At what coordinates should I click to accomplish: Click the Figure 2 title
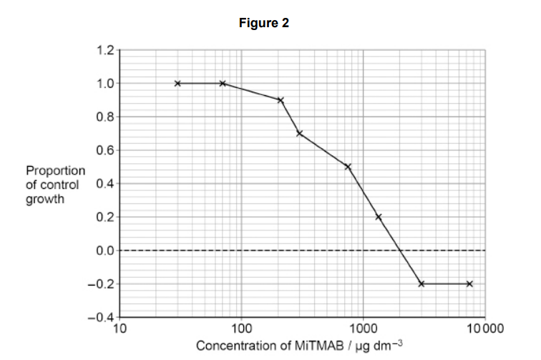[264, 24]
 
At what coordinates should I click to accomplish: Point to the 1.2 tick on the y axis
[104, 50]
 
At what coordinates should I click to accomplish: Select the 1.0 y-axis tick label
[104, 83]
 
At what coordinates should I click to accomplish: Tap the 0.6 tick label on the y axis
[104, 150]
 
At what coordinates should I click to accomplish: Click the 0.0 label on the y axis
[104, 250]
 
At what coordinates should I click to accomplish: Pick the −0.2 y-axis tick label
[102, 284]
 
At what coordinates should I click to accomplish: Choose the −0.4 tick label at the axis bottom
[102, 317]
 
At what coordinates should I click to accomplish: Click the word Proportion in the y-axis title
[55, 171]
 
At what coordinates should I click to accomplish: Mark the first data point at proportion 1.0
[177, 83]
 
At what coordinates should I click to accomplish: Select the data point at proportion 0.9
[281, 100]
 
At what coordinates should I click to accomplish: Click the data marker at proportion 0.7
[300, 133]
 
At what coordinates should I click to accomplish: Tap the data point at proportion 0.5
[348, 167]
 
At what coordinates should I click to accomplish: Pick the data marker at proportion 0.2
[379, 217]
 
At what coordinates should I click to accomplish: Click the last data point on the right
[469, 283]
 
